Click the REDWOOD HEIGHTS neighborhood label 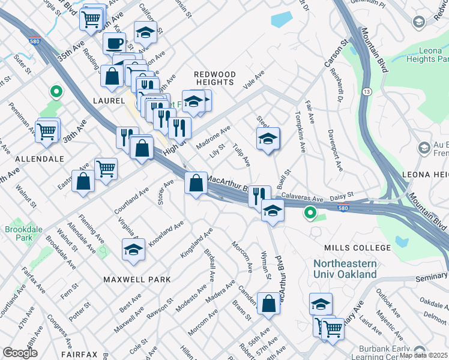click(x=214, y=78)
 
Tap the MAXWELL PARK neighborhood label click(x=137, y=280)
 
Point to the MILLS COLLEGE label click(x=357, y=248)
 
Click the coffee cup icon click(x=114, y=43)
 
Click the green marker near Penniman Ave click(x=56, y=92)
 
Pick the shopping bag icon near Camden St click(x=268, y=304)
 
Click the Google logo click(x=20, y=353)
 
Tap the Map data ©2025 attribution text click(x=423, y=355)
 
